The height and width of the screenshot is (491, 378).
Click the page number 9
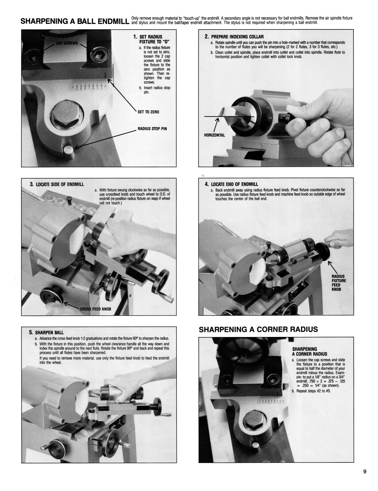(x=364, y=472)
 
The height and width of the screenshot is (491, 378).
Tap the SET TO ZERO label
(x=148, y=112)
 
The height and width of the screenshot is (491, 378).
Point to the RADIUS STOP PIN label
(x=152, y=129)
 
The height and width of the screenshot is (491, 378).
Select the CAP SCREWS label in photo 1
(x=67, y=43)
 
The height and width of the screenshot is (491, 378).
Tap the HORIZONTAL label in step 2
(x=214, y=135)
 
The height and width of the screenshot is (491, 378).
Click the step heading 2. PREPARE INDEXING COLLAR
(x=234, y=37)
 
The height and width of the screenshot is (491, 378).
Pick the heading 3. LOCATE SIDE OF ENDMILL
(x=57, y=184)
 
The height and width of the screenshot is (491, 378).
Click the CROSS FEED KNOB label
(x=95, y=309)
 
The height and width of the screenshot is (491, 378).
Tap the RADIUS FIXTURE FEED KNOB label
(x=339, y=283)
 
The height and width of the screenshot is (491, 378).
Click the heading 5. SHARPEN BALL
(x=46, y=332)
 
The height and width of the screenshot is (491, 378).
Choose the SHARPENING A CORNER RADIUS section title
(x=258, y=330)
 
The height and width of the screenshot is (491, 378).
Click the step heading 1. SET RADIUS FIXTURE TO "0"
(x=152, y=39)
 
